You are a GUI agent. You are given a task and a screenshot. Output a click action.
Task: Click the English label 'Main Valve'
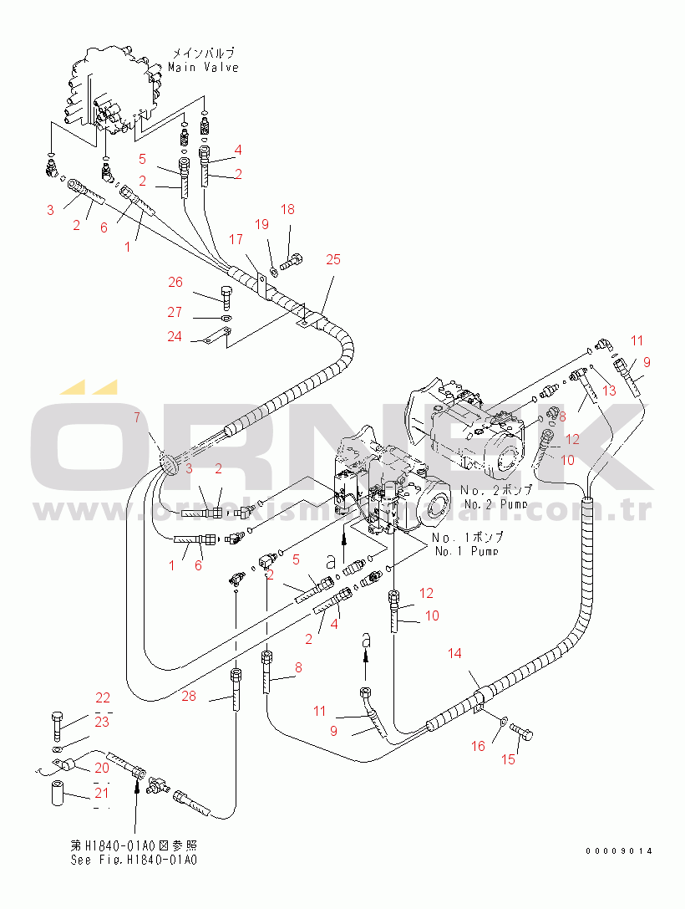pos(203,67)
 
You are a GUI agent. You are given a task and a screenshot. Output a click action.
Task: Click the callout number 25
pos(332,260)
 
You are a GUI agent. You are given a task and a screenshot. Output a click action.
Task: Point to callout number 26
pos(175,283)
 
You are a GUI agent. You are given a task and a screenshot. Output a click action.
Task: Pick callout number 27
pos(175,312)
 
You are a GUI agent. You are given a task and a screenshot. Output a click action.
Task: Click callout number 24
pos(174,337)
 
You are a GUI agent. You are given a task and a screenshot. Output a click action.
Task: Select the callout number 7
pos(137,416)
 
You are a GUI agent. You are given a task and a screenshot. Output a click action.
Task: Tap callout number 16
pos(478,746)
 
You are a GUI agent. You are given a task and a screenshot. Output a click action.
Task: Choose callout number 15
pos(508,759)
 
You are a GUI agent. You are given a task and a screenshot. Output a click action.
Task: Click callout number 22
pos(102,697)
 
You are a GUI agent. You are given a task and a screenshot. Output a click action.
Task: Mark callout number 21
pos(102,792)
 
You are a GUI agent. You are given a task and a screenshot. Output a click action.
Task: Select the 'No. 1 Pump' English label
pos(465,551)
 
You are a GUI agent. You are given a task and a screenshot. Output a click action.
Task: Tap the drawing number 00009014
pos(618,851)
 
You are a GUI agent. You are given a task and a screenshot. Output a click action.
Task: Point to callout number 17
pos(236,240)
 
